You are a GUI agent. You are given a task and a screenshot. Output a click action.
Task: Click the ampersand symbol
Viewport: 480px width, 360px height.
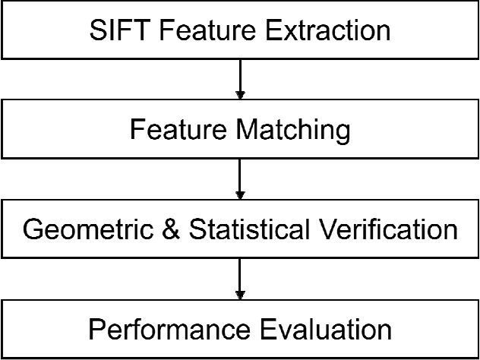[x=171, y=230]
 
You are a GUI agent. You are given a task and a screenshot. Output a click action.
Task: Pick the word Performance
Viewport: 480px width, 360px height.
[x=169, y=330]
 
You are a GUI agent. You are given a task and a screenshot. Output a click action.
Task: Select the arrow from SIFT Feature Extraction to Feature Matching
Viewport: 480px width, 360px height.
[x=240, y=79]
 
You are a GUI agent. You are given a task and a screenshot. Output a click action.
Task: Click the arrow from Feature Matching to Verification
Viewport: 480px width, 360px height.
[x=240, y=179]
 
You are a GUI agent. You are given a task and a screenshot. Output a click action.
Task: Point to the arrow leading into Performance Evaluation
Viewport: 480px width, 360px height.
[x=240, y=279]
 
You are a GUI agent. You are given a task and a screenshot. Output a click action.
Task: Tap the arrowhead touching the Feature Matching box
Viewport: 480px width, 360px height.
[x=240, y=95]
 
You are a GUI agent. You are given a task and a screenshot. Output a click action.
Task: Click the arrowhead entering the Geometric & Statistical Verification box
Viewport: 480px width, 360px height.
[x=240, y=195]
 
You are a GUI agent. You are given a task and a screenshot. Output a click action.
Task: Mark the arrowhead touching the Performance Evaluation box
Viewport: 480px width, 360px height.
[x=240, y=295]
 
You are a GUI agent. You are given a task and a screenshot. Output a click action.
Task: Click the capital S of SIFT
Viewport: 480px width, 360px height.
[x=98, y=30]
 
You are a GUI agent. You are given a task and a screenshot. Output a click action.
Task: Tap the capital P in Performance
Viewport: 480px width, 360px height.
[x=96, y=330]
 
